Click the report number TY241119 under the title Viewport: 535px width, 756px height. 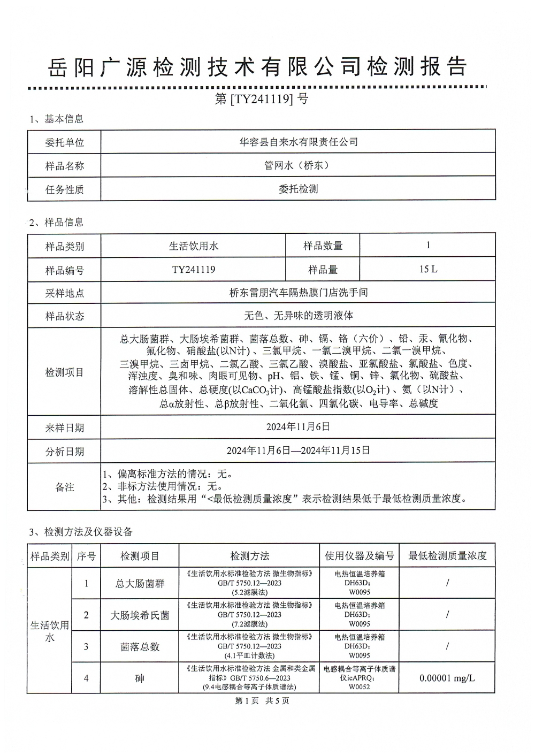click(262, 99)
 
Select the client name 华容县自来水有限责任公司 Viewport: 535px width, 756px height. click(298, 142)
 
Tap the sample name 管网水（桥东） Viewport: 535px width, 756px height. click(298, 165)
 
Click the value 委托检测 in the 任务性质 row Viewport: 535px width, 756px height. click(298, 189)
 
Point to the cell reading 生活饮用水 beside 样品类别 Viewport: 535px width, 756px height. click(194, 246)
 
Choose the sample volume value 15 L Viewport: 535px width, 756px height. click(428, 269)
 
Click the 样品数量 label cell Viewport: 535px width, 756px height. click(323, 246)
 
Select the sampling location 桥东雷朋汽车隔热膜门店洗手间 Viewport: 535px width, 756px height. click(298, 293)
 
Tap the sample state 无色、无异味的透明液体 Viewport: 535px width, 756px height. click(298, 316)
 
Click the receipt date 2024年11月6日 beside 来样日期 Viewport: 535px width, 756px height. click(298, 427)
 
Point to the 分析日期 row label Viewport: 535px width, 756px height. click(64, 452)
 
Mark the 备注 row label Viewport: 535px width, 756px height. click(64, 487)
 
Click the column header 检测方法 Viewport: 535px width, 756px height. click(249, 556)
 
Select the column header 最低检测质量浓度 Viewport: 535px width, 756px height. click(447, 556)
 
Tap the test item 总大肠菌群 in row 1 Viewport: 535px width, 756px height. click(140, 583)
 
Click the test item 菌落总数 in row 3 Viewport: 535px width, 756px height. click(140, 647)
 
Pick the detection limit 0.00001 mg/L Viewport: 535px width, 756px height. click(447, 678)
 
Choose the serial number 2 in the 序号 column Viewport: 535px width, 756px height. click(86, 615)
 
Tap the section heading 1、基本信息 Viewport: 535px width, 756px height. click(57, 119)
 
